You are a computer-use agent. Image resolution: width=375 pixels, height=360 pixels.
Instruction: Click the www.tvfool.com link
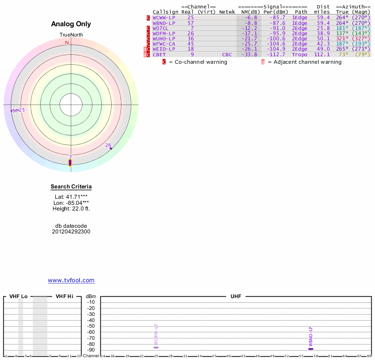pyautogui.click(x=71, y=280)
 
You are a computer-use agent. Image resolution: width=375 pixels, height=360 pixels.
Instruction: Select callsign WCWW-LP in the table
pyautogui.click(x=164, y=17)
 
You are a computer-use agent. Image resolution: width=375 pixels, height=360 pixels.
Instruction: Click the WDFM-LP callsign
pyautogui.click(x=164, y=33)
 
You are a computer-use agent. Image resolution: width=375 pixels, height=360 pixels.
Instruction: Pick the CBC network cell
pyautogui.click(x=227, y=54)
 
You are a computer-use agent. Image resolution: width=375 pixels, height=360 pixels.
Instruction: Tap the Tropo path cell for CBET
pyautogui.click(x=300, y=54)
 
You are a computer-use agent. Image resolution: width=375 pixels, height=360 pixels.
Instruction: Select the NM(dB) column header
pyautogui.click(x=248, y=12)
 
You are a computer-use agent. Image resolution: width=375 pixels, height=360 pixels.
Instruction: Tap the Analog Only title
pyautogui.click(x=71, y=24)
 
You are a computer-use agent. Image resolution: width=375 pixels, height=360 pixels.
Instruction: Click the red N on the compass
pyautogui.click(x=67, y=43)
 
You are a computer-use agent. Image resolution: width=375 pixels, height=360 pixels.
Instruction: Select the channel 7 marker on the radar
pyautogui.click(x=70, y=163)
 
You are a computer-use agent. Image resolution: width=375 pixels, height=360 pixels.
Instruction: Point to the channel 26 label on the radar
pyautogui.click(x=108, y=145)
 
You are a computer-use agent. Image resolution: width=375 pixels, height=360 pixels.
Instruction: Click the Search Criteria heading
pyautogui.click(x=71, y=187)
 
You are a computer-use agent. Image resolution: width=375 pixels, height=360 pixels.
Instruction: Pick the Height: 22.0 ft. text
pyautogui.click(x=71, y=208)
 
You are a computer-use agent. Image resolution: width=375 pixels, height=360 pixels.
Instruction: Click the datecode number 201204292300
pyautogui.click(x=71, y=231)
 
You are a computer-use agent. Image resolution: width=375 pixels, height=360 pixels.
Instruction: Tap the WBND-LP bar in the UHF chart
pyautogui.click(x=311, y=349)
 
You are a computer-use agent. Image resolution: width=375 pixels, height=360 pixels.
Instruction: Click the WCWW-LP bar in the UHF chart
pyautogui.click(x=156, y=347)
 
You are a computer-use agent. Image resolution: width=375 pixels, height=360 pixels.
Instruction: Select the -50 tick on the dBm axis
pyautogui.click(x=91, y=326)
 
